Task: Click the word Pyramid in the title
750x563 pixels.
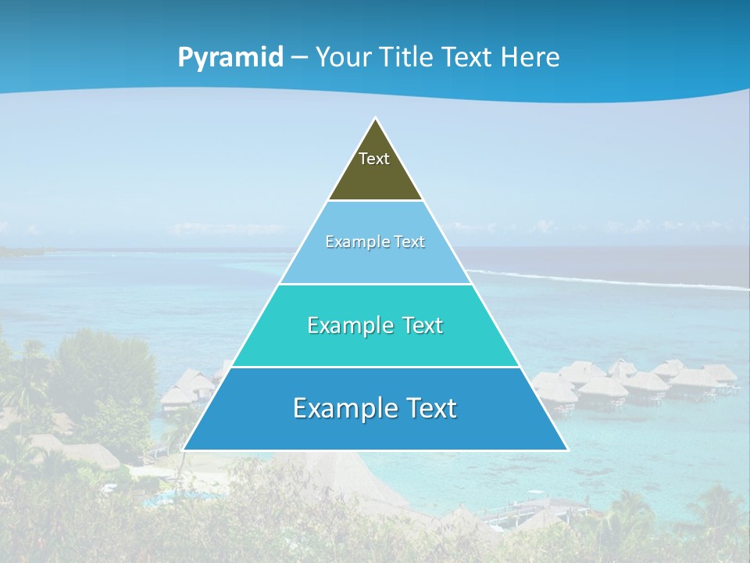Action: pyautogui.click(x=230, y=57)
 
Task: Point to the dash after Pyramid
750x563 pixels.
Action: pyautogui.click(x=298, y=58)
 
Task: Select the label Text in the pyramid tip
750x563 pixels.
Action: pyautogui.click(x=374, y=159)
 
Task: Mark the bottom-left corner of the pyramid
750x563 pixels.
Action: pyautogui.click(x=184, y=450)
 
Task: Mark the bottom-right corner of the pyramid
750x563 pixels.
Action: pyautogui.click(x=567, y=450)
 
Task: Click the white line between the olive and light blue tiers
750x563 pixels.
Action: pyautogui.click(x=375, y=200)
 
